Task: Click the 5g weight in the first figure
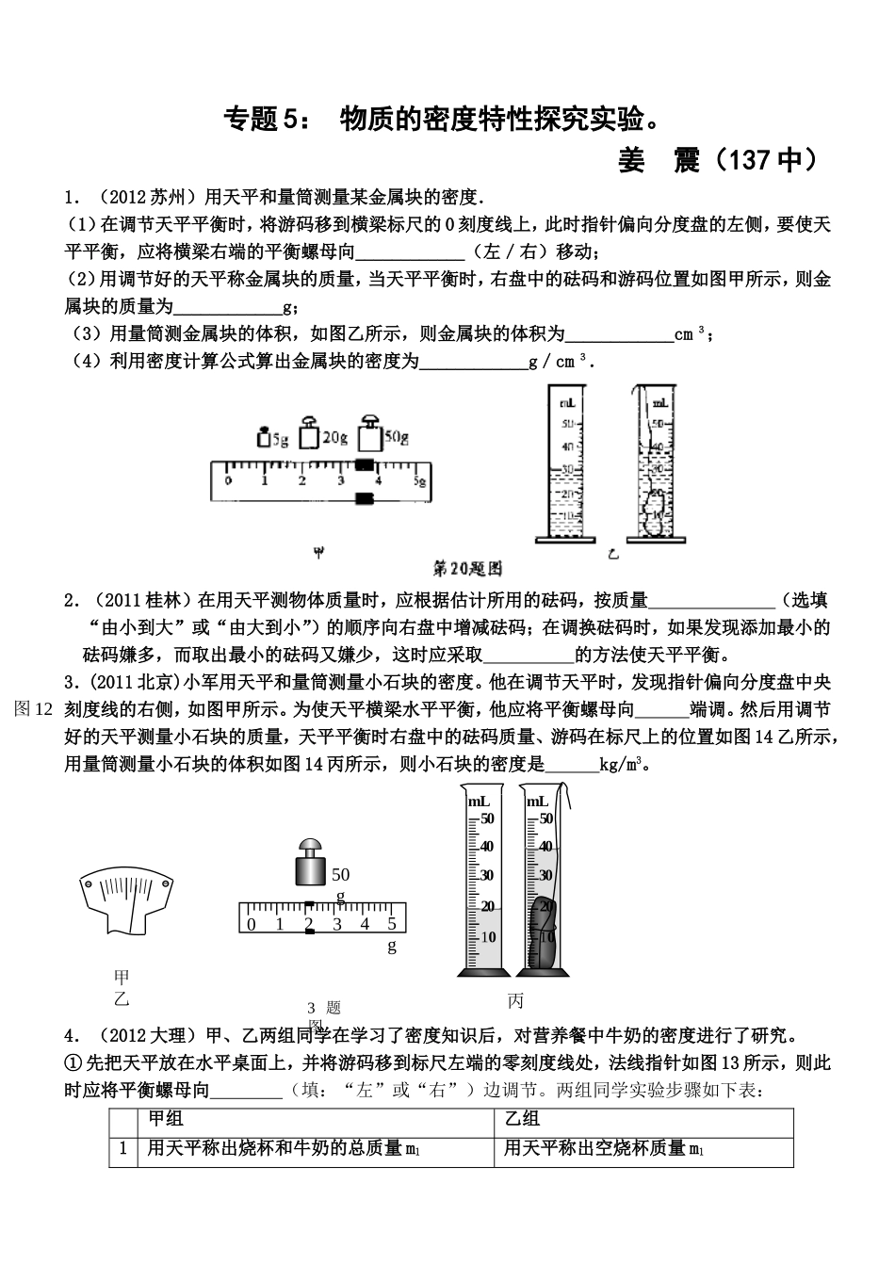click(263, 437)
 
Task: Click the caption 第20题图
click(467, 568)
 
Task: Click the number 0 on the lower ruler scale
click(252, 924)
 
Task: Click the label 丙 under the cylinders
click(514, 1001)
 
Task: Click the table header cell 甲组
click(166, 1118)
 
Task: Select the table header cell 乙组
click(522, 1118)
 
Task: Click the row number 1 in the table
click(122, 1149)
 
